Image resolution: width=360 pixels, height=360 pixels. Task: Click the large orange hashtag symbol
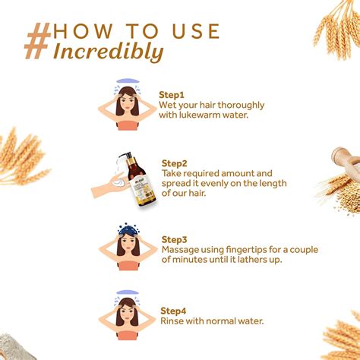pos(37,41)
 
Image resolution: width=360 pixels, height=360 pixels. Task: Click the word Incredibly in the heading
pos(108,52)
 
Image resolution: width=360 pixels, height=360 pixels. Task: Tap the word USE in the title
pos(196,31)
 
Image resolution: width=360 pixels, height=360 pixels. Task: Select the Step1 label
pos(172,95)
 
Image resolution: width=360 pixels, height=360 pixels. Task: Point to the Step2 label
pos(174,163)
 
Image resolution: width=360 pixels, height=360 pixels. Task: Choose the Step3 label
pos(174,240)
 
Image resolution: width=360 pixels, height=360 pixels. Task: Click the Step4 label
pos(173,311)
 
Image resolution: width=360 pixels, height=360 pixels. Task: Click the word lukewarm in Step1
pos(200,115)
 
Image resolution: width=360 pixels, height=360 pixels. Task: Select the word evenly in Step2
pos(214,184)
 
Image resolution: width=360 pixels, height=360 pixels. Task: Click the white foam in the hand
pos(118,182)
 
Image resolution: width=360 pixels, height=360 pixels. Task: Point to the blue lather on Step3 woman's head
pos(128,230)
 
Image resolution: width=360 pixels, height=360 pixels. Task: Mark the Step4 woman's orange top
pos(128,335)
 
